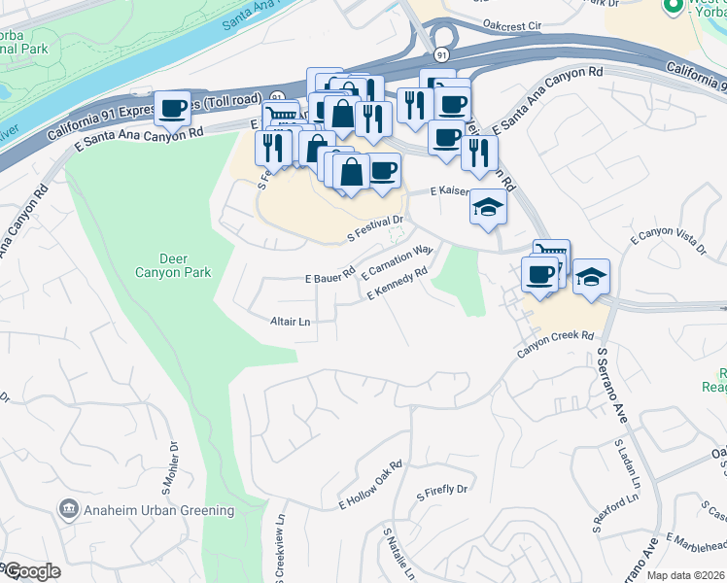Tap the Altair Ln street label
point(290,321)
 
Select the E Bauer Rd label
point(329,278)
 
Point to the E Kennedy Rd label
point(397,284)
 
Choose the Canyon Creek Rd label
point(555,343)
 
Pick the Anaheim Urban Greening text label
point(159,510)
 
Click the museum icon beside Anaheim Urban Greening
point(68,509)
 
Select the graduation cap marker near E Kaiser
point(488,207)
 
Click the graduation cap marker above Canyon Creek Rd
point(590,277)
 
